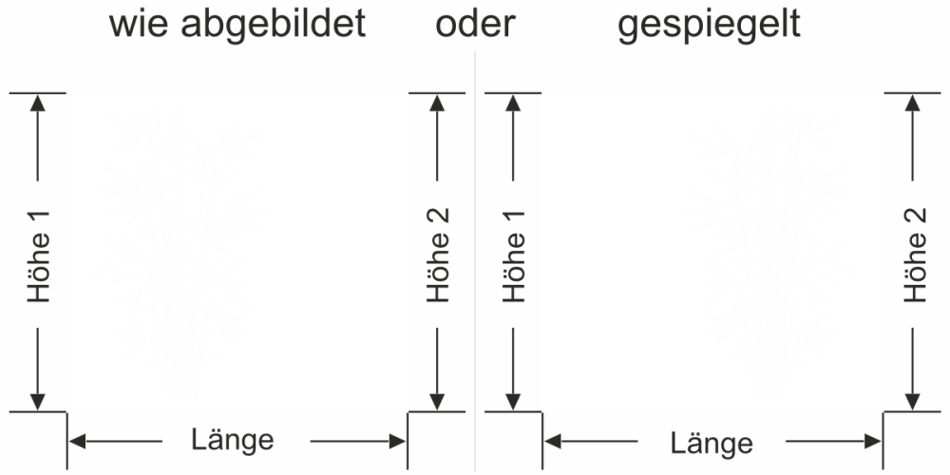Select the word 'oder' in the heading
click(x=475, y=24)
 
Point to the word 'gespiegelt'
click(x=709, y=26)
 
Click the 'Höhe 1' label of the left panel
click(x=38, y=255)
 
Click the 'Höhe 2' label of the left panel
click(x=438, y=255)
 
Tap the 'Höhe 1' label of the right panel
click(x=514, y=255)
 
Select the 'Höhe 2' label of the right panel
click(x=914, y=255)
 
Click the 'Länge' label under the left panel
click(x=233, y=440)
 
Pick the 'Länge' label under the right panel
click(x=712, y=443)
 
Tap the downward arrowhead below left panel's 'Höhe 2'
click(x=438, y=402)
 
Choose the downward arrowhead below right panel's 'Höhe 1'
click(x=514, y=402)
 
